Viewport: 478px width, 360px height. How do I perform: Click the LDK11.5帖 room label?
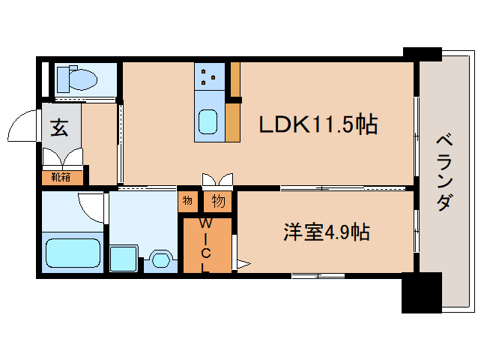pos(318,124)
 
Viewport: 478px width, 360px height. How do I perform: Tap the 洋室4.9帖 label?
pos(326,232)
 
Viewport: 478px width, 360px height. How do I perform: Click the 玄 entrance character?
pos(59,128)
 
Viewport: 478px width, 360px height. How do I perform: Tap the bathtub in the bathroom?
pos(73,253)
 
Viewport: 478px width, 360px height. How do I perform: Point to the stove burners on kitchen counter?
pos(209,75)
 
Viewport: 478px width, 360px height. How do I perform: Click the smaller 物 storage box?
pos(187,201)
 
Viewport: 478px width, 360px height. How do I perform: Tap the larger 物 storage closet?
pos(218,201)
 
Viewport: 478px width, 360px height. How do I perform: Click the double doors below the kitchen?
pos(217,179)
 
